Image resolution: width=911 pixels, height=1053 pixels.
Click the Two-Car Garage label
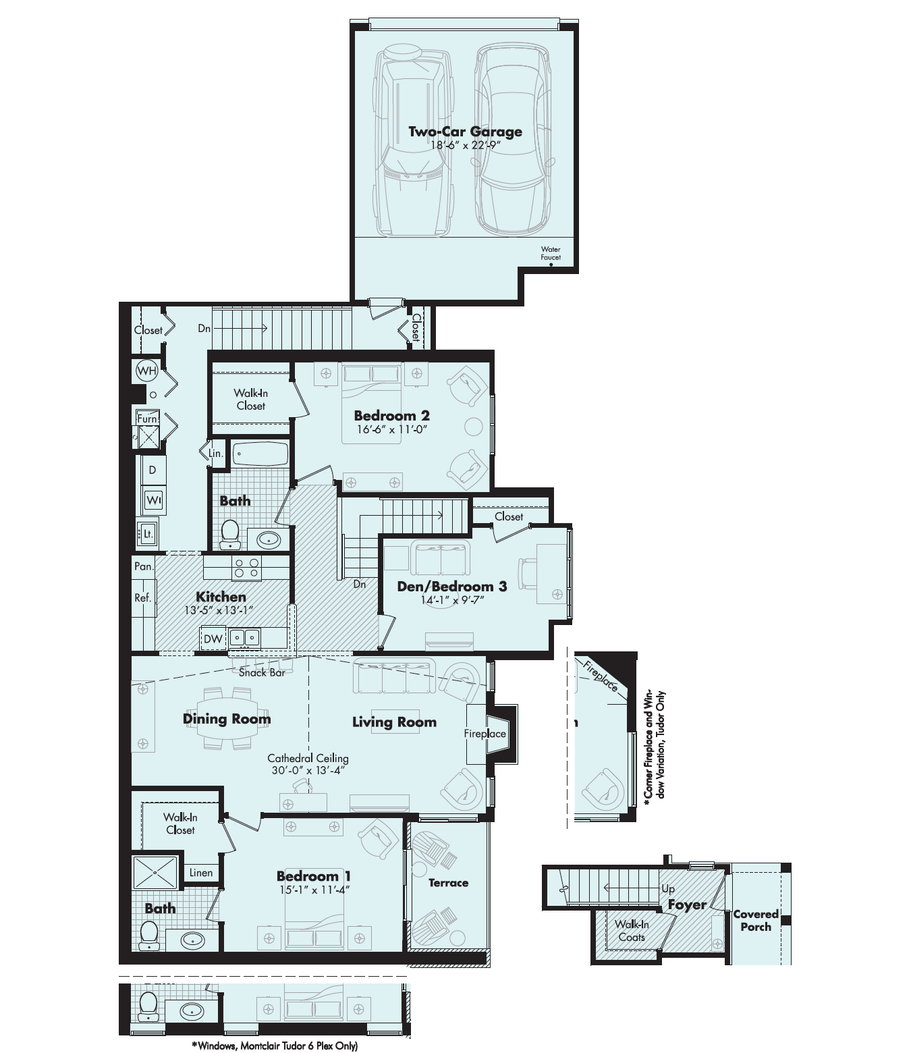tap(465, 132)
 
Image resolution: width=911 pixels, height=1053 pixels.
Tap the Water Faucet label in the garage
tap(551, 253)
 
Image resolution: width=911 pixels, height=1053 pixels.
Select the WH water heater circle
tap(146, 371)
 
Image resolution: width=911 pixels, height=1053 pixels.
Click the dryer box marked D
tap(153, 470)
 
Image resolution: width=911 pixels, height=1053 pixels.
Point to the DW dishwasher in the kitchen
tap(213, 639)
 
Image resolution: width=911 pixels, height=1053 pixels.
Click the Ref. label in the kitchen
tap(143, 597)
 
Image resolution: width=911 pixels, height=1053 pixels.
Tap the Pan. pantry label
tap(144, 566)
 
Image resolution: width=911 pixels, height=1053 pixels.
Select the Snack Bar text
tap(262, 672)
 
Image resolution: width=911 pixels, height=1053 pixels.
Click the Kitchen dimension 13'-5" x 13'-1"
tap(219, 610)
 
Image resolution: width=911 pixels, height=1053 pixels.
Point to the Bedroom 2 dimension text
tap(391, 429)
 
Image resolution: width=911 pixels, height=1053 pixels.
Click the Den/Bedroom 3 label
tap(451, 587)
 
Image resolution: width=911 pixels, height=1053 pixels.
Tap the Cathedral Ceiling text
tap(308, 758)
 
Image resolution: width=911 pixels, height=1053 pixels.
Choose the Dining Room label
tap(227, 719)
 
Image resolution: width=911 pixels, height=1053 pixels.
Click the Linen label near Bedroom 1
tap(200, 873)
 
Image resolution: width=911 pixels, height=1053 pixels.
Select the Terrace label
tap(448, 883)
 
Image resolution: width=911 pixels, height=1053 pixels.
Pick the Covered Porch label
tap(756, 921)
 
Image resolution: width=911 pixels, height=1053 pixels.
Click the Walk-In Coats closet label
tap(632, 931)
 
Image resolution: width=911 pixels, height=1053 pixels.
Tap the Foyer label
tap(687, 905)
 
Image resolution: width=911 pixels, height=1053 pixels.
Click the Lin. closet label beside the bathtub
tap(216, 454)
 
